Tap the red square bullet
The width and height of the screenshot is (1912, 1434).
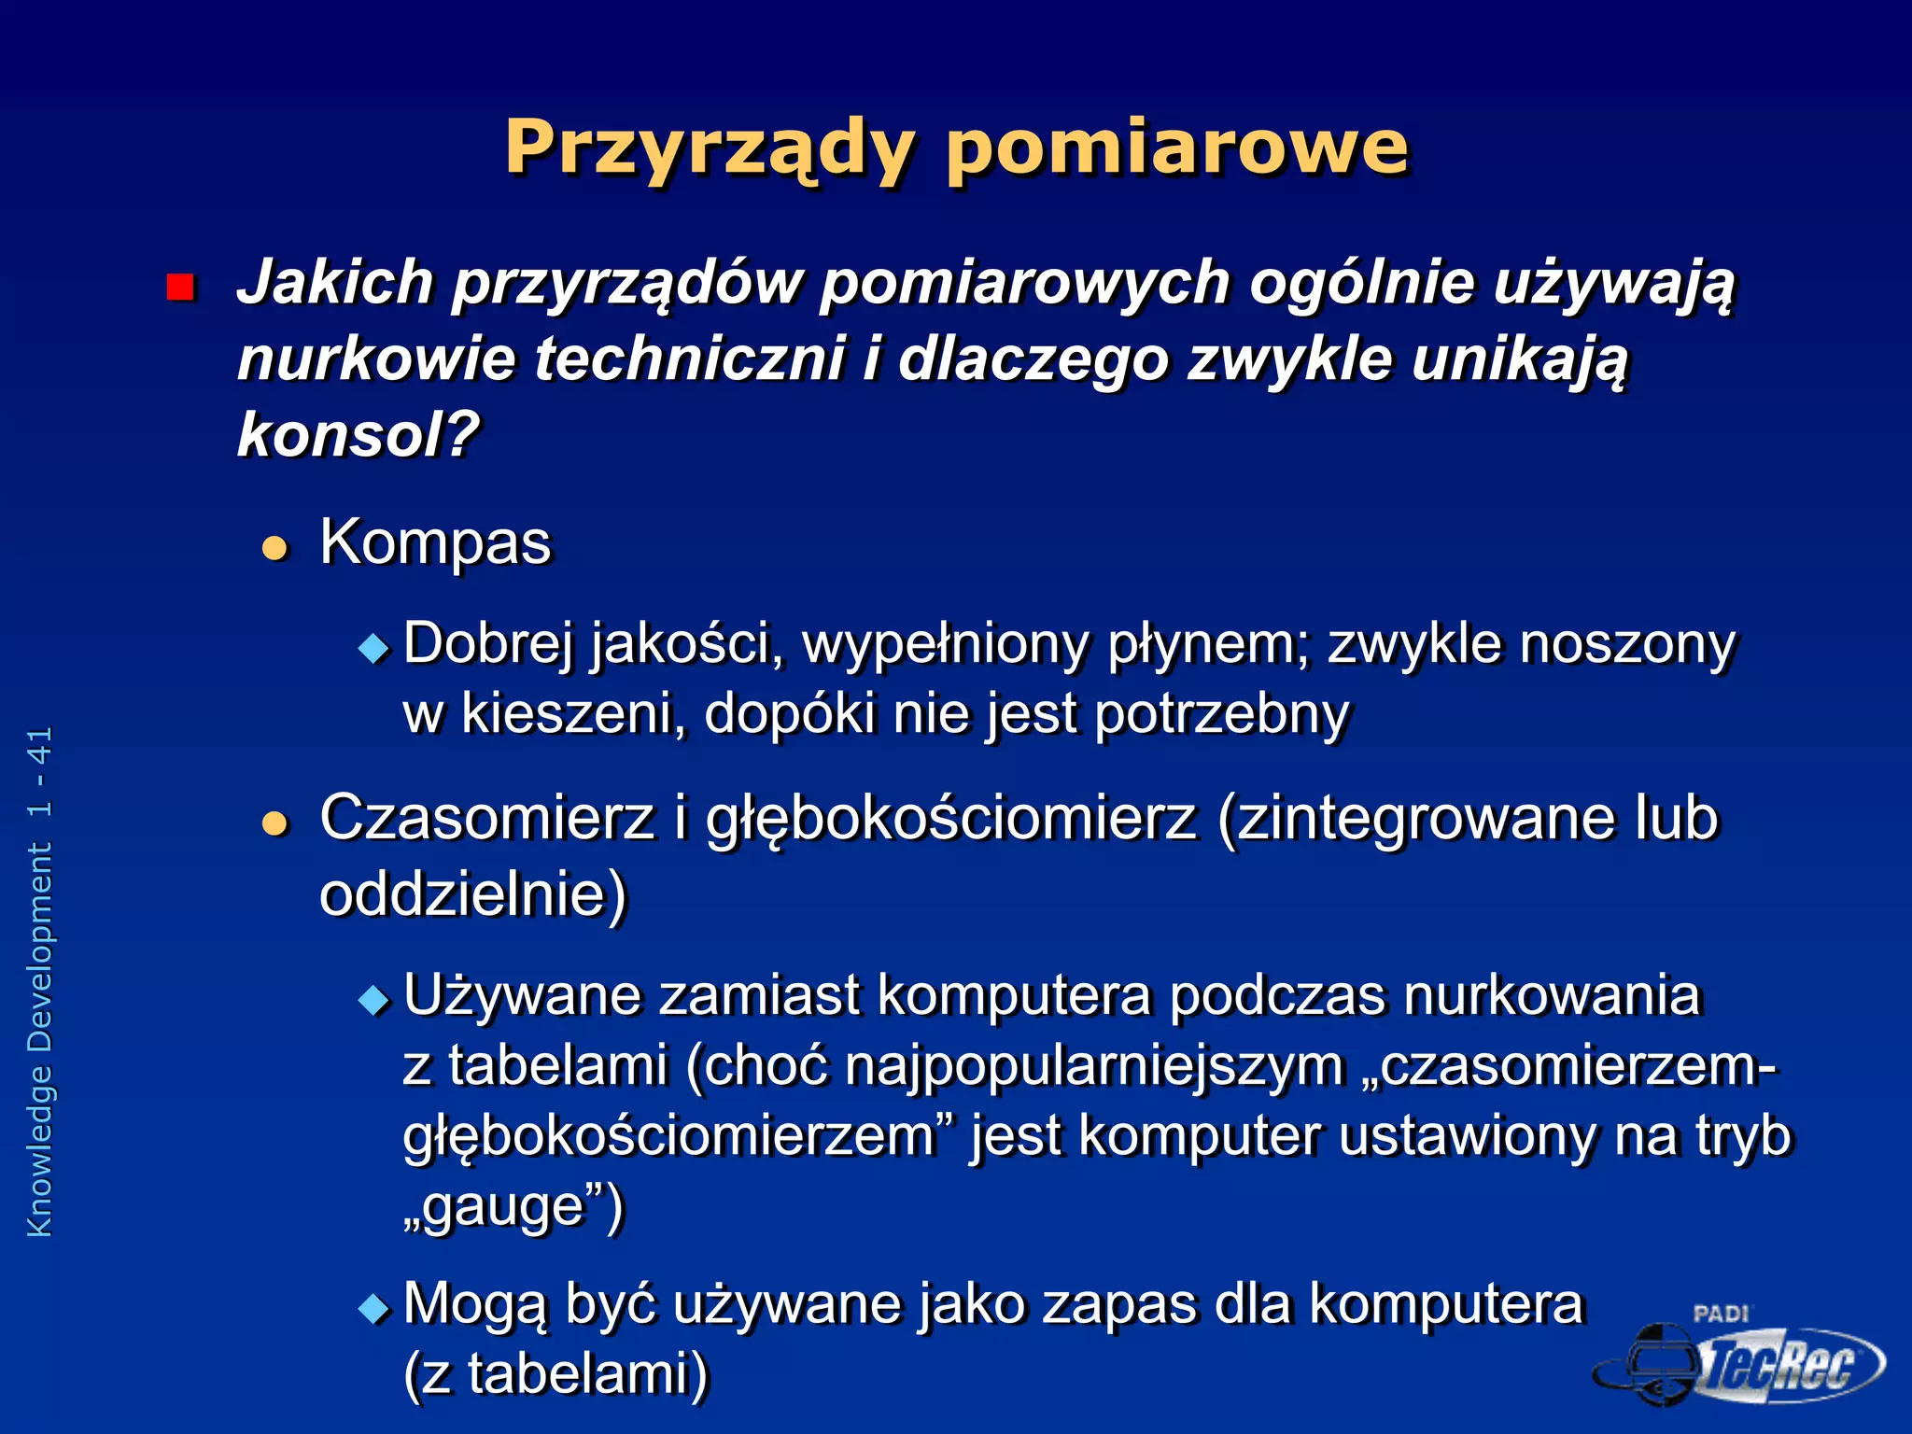(x=179, y=287)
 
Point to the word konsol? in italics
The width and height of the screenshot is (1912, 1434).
(x=358, y=435)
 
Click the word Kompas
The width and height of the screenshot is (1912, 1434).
(x=435, y=542)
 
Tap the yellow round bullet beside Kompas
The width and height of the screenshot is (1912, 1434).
(x=274, y=548)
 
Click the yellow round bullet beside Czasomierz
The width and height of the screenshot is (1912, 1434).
(x=274, y=823)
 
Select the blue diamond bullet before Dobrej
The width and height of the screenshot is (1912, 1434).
(x=373, y=648)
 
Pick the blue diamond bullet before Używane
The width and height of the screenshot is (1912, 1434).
(x=373, y=1000)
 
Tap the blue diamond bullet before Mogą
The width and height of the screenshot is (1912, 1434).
(x=373, y=1309)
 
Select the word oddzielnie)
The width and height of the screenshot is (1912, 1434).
(x=472, y=894)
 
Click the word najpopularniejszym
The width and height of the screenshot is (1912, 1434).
(x=1094, y=1066)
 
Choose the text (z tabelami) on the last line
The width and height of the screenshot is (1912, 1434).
(x=556, y=1374)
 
